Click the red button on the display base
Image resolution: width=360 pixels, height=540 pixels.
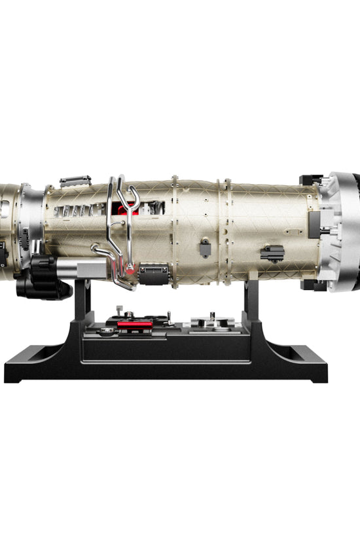pyautogui.click(x=135, y=324)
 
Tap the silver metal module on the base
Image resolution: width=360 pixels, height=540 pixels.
pyautogui.click(x=212, y=321)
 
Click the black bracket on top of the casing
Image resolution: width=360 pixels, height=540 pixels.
pyautogui.click(x=75, y=181)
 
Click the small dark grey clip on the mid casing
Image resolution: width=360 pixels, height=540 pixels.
pyautogui.click(x=206, y=247)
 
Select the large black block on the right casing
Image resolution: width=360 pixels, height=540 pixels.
pyautogui.click(x=272, y=253)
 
